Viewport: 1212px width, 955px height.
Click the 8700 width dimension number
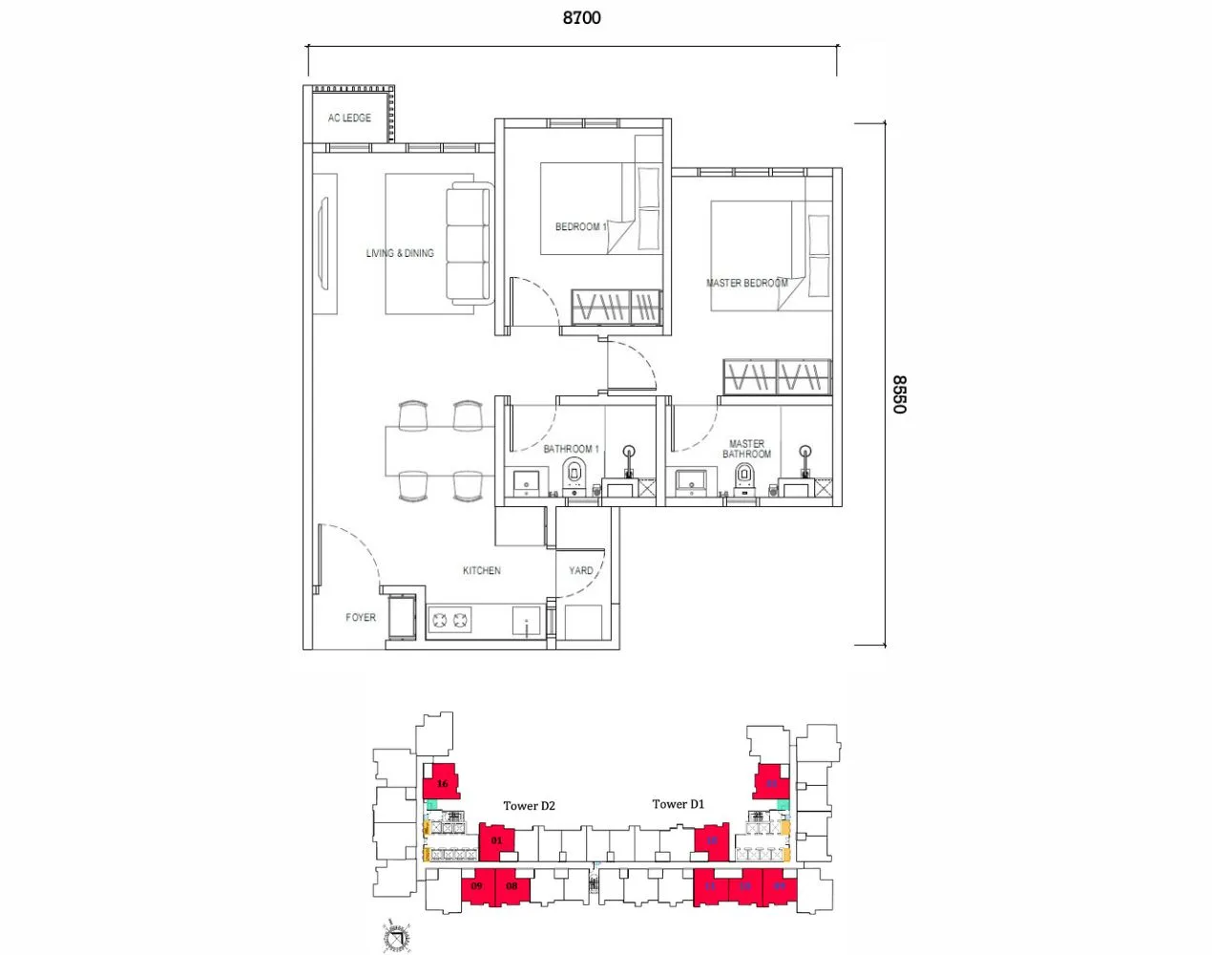pos(581,17)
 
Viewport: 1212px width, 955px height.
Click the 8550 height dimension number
pos(899,393)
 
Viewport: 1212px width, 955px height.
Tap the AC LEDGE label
pos(349,117)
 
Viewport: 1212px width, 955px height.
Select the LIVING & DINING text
pos(400,253)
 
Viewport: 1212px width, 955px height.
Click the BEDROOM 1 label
pos(580,226)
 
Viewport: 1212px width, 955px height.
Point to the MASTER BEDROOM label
pos(746,283)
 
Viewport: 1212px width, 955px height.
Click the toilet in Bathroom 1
pos(574,472)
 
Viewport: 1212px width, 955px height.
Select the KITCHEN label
pos(481,570)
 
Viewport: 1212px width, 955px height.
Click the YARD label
pos(580,570)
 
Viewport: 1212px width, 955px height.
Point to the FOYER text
pos(361,617)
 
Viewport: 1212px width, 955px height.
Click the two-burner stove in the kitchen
pos(450,621)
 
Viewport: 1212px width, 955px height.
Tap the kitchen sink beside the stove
pos(527,622)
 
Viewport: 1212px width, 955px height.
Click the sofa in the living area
pos(469,244)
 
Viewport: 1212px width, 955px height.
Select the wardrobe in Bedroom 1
pos(616,307)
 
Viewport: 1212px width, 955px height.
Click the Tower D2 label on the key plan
pos(529,806)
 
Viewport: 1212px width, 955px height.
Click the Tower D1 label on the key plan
pos(678,804)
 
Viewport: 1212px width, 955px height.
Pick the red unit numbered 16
pos(441,782)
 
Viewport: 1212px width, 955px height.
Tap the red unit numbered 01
pos(495,840)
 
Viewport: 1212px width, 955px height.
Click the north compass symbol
pos(396,937)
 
